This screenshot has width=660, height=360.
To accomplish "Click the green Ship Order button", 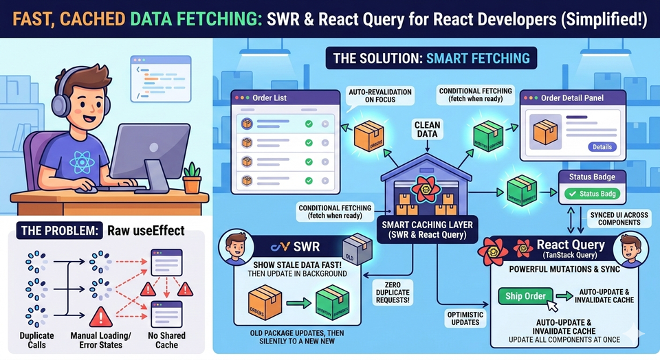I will [526, 296].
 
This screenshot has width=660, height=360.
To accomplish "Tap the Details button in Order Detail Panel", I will [602, 147].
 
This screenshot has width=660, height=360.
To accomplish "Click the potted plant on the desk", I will [192, 178].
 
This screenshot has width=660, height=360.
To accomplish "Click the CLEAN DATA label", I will [427, 129].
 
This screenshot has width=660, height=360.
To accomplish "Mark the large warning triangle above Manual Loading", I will [101, 316].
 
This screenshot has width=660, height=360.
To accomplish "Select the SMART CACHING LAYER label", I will [427, 228].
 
